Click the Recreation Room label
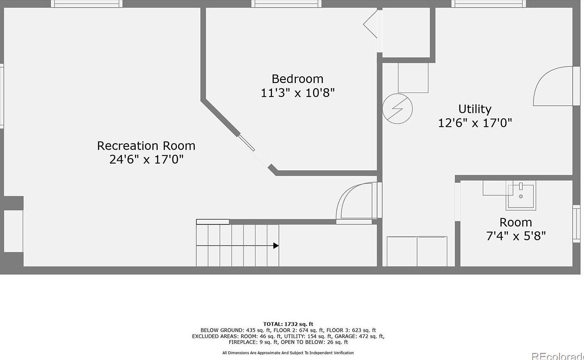(x=146, y=146)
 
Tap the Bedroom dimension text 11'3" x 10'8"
(x=297, y=93)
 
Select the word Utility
(x=475, y=109)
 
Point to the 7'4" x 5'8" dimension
(x=516, y=236)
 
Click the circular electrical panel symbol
(x=397, y=109)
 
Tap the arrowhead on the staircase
(x=276, y=246)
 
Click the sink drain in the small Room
(x=521, y=196)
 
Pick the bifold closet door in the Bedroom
(x=370, y=24)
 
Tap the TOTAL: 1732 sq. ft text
(x=288, y=324)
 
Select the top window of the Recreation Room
(x=87, y=4)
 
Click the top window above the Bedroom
(x=286, y=4)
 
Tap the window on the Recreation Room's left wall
(x=2, y=96)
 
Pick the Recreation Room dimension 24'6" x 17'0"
(x=146, y=159)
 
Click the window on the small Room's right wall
(x=576, y=224)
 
